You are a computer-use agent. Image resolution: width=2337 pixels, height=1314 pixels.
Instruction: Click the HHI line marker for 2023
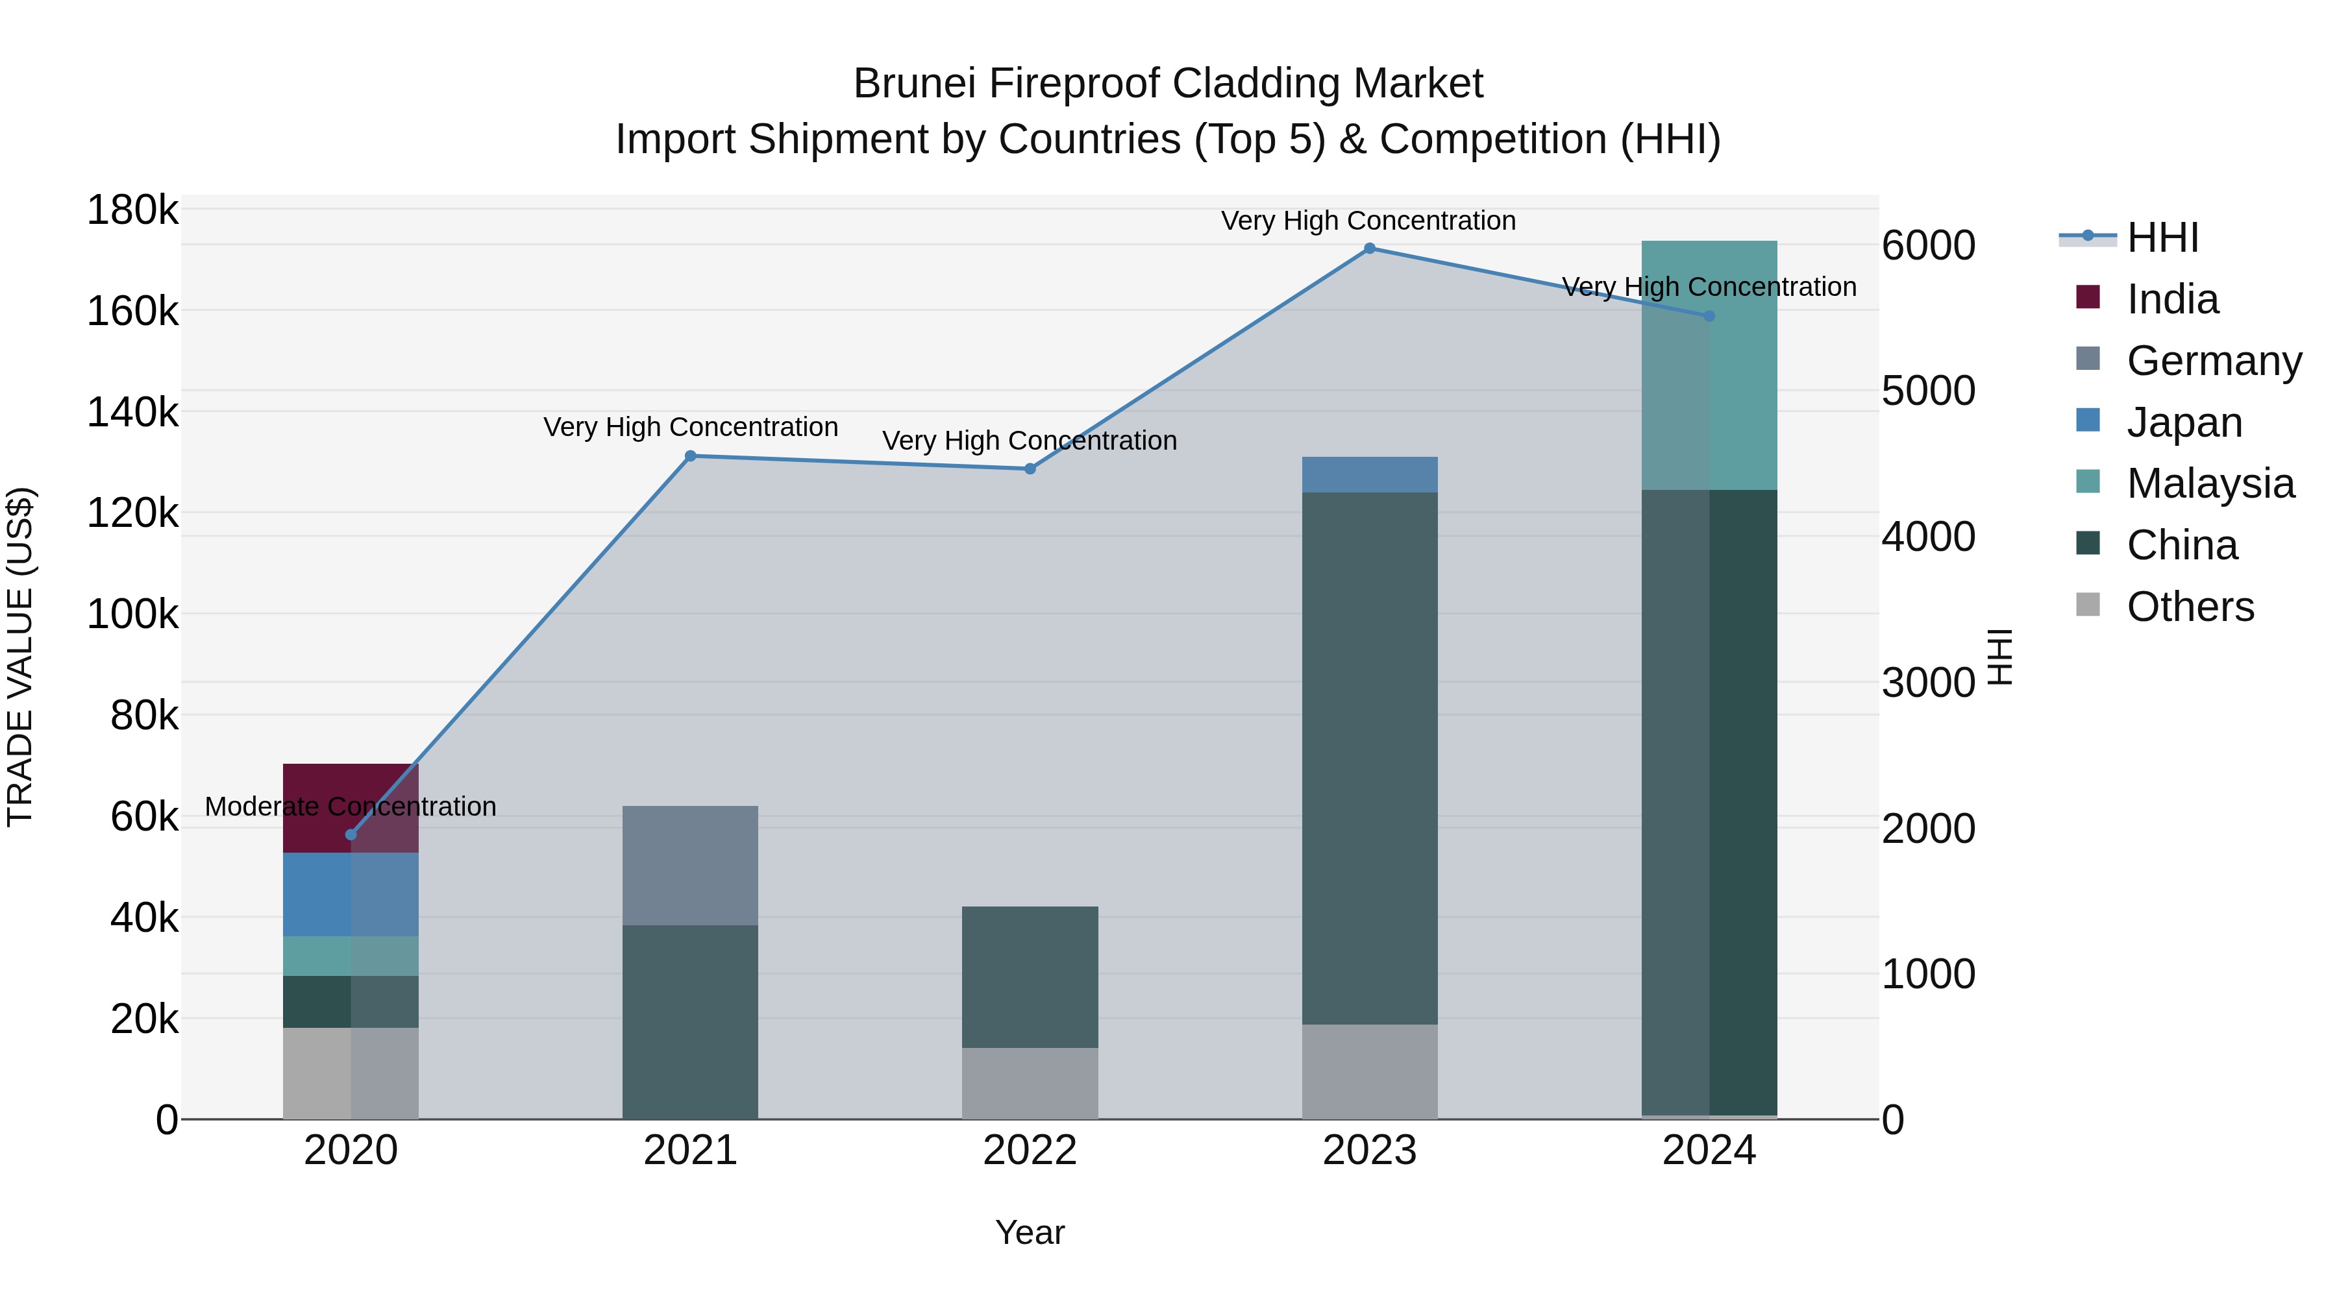(x=1369, y=249)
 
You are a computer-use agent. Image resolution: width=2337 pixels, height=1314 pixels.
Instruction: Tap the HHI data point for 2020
(x=351, y=834)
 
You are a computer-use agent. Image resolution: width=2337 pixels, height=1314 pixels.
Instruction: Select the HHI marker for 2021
(x=691, y=456)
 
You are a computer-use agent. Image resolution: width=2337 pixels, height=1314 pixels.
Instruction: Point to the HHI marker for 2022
(x=1030, y=469)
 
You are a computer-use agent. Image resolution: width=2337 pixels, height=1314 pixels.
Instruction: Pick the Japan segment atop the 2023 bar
(x=1369, y=474)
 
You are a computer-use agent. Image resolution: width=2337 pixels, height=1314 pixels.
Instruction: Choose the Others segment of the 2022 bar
(x=1030, y=1083)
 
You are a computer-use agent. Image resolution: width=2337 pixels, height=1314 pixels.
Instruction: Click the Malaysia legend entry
(x=2210, y=483)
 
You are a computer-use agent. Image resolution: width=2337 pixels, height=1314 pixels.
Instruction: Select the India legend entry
(x=2172, y=299)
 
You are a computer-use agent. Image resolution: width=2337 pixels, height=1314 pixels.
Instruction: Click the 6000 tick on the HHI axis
(x=1928, y=246)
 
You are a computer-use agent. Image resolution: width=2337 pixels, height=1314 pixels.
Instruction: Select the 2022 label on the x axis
(x=1030, y=1150)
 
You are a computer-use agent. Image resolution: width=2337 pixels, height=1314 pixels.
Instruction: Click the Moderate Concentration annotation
(x=351, y=806)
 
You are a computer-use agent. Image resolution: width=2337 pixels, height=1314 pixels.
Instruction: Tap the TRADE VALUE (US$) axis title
(x=20, y=657)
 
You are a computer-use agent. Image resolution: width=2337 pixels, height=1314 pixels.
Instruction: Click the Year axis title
(x=1030, y=1232)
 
